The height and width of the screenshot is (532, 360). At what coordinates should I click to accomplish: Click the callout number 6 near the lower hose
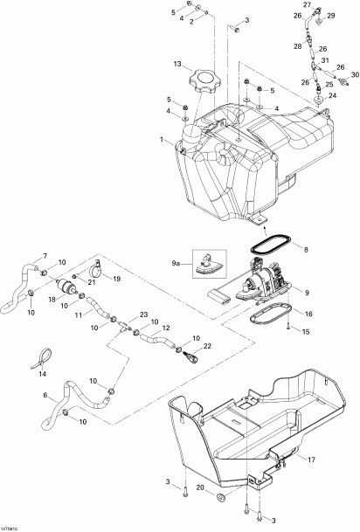(46, 396)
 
